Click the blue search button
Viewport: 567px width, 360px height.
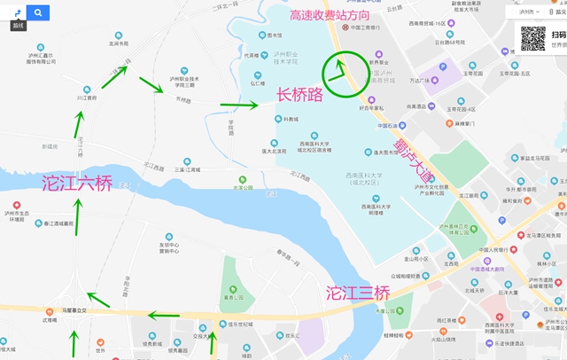point(39,12)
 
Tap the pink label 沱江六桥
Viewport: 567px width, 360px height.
point(77,184)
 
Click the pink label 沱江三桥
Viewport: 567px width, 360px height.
point(357,292)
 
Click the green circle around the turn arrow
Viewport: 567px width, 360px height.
point(341,74)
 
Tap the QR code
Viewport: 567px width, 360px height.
point(532,37)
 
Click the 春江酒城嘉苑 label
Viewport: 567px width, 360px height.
point(57,223)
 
